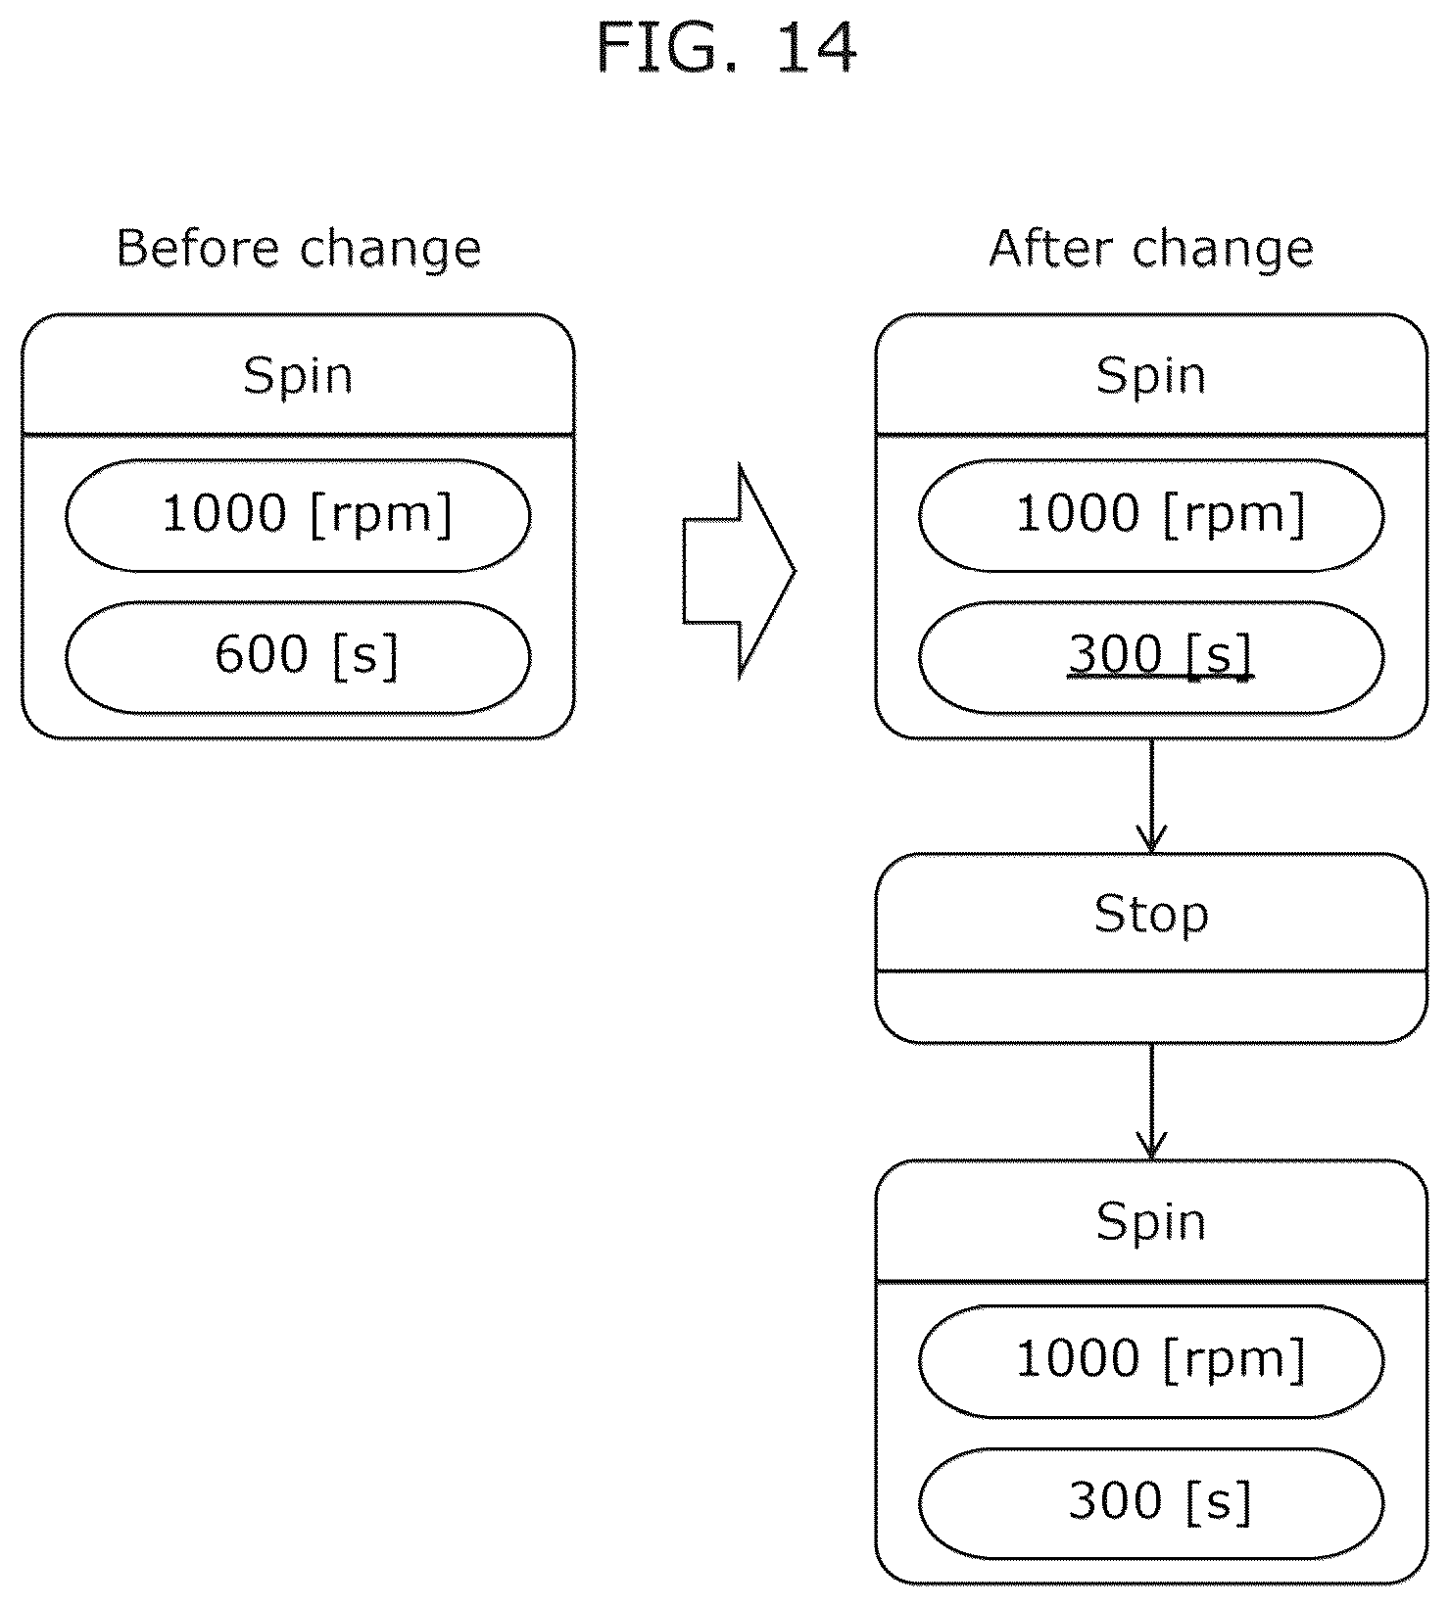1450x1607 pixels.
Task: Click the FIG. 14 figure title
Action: click(726, 49)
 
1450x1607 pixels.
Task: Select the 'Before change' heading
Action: click(299, 249)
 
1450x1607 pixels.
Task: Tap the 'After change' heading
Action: click(1151, 249)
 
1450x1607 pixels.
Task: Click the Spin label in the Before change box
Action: click(298, 376)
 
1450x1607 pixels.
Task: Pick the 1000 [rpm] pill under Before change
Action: click(299, 515)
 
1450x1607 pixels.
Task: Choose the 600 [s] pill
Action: click(299, 657)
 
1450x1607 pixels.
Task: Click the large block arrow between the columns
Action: click(740, 571)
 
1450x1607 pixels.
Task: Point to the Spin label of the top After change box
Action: click(1151, 376)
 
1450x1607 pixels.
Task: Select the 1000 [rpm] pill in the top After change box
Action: click(1151, 515)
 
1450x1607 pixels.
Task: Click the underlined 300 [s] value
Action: click(1160, 655)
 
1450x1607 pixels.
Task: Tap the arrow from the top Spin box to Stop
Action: click(1151, 795)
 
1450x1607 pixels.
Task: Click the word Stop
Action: click(1151, 915)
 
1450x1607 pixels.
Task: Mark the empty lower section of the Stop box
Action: click(1151, 1008)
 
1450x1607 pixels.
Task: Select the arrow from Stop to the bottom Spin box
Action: click(1151, 1102)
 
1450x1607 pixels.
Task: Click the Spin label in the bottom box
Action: click(1151, 1222)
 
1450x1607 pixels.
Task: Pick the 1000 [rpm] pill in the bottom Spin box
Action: click(1151, 1361)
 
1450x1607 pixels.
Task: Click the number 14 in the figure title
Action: click(816, 49)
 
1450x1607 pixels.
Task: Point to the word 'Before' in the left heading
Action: click(199, 249)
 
